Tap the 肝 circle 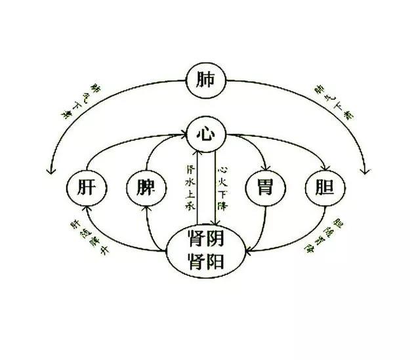click(x=87, y=189)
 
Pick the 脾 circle click(x=146, y=189)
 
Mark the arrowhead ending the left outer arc click(x=48, y=171)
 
